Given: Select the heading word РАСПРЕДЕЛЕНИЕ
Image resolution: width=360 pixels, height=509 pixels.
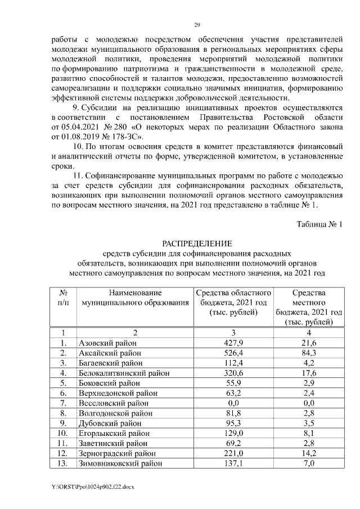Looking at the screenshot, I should pyautogui.click(x=197, y=244).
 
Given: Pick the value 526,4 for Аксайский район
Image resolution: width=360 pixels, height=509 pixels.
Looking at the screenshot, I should pyautogui.click(x=233, y=353).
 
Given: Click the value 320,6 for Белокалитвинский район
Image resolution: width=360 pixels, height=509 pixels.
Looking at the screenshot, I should pyautogui.click(x=233, y=373).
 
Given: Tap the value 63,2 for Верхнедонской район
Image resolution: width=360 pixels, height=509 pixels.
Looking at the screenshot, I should pyautogui.click(x=233, y=393).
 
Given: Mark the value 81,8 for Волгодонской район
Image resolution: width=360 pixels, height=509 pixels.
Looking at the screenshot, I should pyautogui.click(x=233, y=413).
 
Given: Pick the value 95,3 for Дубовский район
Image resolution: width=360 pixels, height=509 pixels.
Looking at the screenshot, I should pyautogui.click(x=233, y=423).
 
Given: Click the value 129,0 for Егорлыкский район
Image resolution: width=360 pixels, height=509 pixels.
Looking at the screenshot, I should pyautogui.click(x=233, y=433).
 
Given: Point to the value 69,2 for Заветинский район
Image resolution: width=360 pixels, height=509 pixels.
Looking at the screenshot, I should pyautogui.click(x=233, y=443).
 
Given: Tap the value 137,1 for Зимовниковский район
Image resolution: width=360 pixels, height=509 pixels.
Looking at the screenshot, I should pyautogui.click(x=233, y=463).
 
